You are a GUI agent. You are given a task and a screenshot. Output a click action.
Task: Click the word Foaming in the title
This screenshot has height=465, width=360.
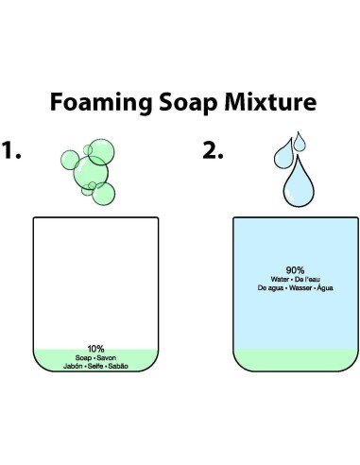point(101,102)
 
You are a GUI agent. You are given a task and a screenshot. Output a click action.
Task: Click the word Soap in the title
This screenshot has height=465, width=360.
point(188,102)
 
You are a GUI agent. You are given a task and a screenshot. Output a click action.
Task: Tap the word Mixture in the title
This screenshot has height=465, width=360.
point(270,102)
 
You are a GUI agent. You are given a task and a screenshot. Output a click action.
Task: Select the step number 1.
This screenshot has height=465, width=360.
point(11,150)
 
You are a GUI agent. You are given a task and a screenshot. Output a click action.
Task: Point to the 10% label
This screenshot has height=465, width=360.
point(95,349)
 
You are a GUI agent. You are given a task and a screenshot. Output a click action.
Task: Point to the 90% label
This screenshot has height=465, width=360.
point(295,270)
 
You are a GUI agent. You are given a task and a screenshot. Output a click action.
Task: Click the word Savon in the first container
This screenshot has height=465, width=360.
point(107,358)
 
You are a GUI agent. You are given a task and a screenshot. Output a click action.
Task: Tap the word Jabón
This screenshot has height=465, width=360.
point(73,366)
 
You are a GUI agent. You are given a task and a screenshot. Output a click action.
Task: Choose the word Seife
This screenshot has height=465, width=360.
point(95,366)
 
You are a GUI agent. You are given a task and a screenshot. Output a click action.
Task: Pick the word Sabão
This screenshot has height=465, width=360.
point(118,366)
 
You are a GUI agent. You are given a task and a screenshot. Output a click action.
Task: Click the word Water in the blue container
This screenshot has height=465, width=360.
point(280,279)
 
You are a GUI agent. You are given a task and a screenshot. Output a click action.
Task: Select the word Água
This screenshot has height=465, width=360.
point(325,287)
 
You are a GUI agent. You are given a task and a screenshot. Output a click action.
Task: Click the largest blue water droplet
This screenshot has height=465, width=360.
point(299,182)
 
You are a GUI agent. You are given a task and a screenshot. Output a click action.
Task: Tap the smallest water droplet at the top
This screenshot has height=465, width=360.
point(300,142)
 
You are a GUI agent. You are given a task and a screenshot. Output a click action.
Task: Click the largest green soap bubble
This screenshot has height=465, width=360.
point(91,173)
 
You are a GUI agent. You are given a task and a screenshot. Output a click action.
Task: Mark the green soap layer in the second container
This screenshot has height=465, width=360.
point(296,359)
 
